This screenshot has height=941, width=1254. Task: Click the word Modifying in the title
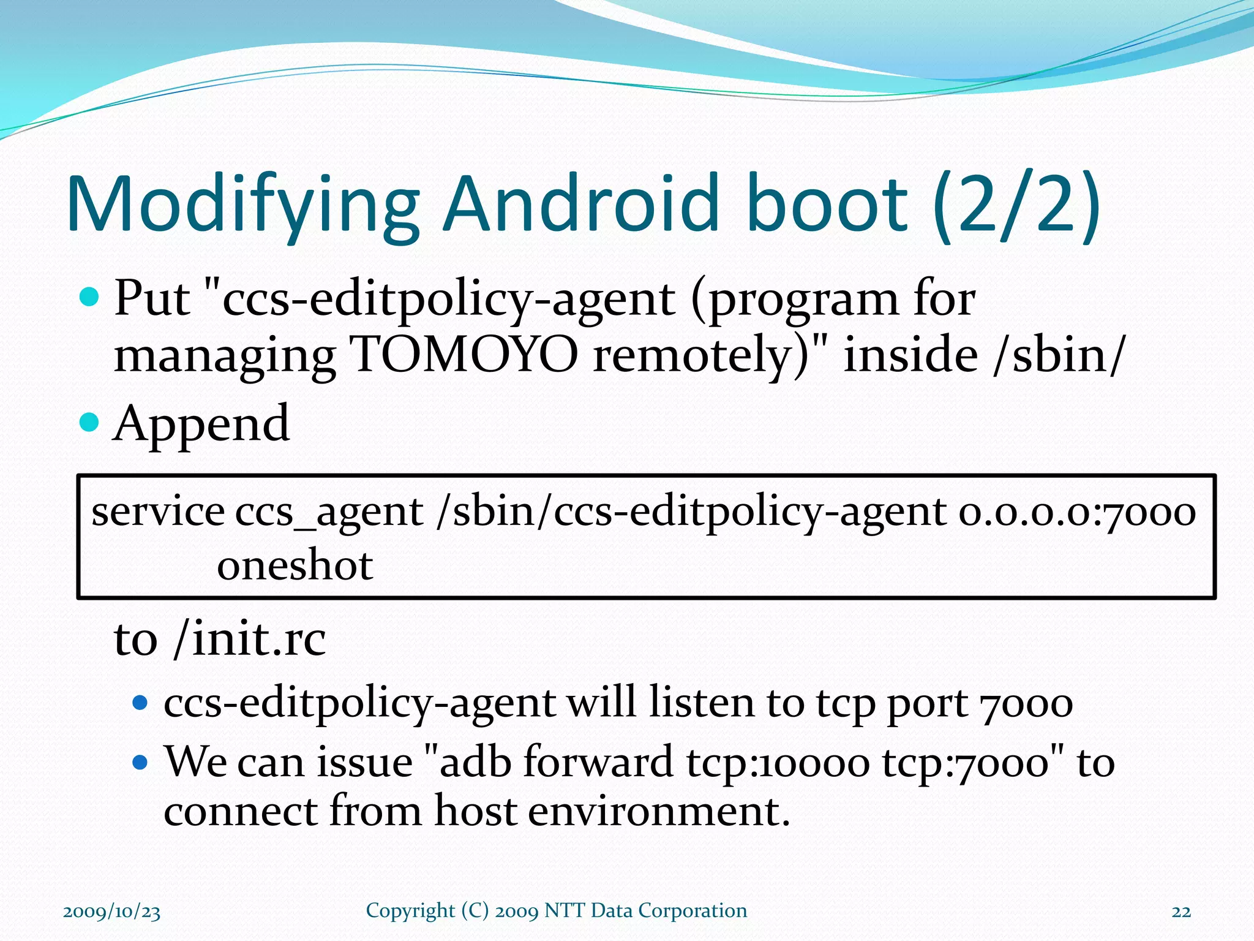(x=242, y=205)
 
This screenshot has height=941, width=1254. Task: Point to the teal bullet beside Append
(x=89, y=422)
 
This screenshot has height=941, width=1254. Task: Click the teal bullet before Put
(x=89, y=298)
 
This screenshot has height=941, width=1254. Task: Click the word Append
(x=201, y=424)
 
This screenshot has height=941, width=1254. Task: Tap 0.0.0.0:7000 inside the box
(x=1077, y=512)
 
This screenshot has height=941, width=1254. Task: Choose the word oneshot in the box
(x=295, y=565)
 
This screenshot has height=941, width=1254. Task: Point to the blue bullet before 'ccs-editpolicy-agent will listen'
(x=140, y=703)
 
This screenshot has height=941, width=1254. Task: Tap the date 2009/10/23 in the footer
(x=111, y=912)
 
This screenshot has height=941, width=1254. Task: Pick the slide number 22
(x=1181, y=912)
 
